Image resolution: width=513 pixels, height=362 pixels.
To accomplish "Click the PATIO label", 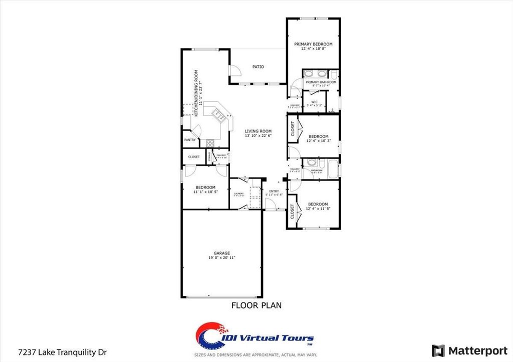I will [x=258, y=66].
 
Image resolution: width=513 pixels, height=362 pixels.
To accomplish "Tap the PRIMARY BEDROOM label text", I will [x=313, y=44].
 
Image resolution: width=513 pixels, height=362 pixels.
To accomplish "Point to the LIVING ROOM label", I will [x=258, y=131].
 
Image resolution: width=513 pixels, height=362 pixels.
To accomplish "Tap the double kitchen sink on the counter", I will [x=219, y=115].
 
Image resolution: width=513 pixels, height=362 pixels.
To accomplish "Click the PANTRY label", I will [x=190, y=140].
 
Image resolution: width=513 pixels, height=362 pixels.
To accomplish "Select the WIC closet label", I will [x=314, y=102].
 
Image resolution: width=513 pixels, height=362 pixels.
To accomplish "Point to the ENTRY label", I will [x=274, y=191].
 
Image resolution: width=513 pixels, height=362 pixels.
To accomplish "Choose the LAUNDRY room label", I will [x=238, y=193].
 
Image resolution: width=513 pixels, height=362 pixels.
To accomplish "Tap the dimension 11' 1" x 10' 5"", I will [x=205, y=192].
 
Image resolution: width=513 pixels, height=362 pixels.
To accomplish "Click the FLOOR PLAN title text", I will [x=256, y=304].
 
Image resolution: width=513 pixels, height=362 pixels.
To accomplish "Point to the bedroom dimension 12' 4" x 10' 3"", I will [x=318, y=141].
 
